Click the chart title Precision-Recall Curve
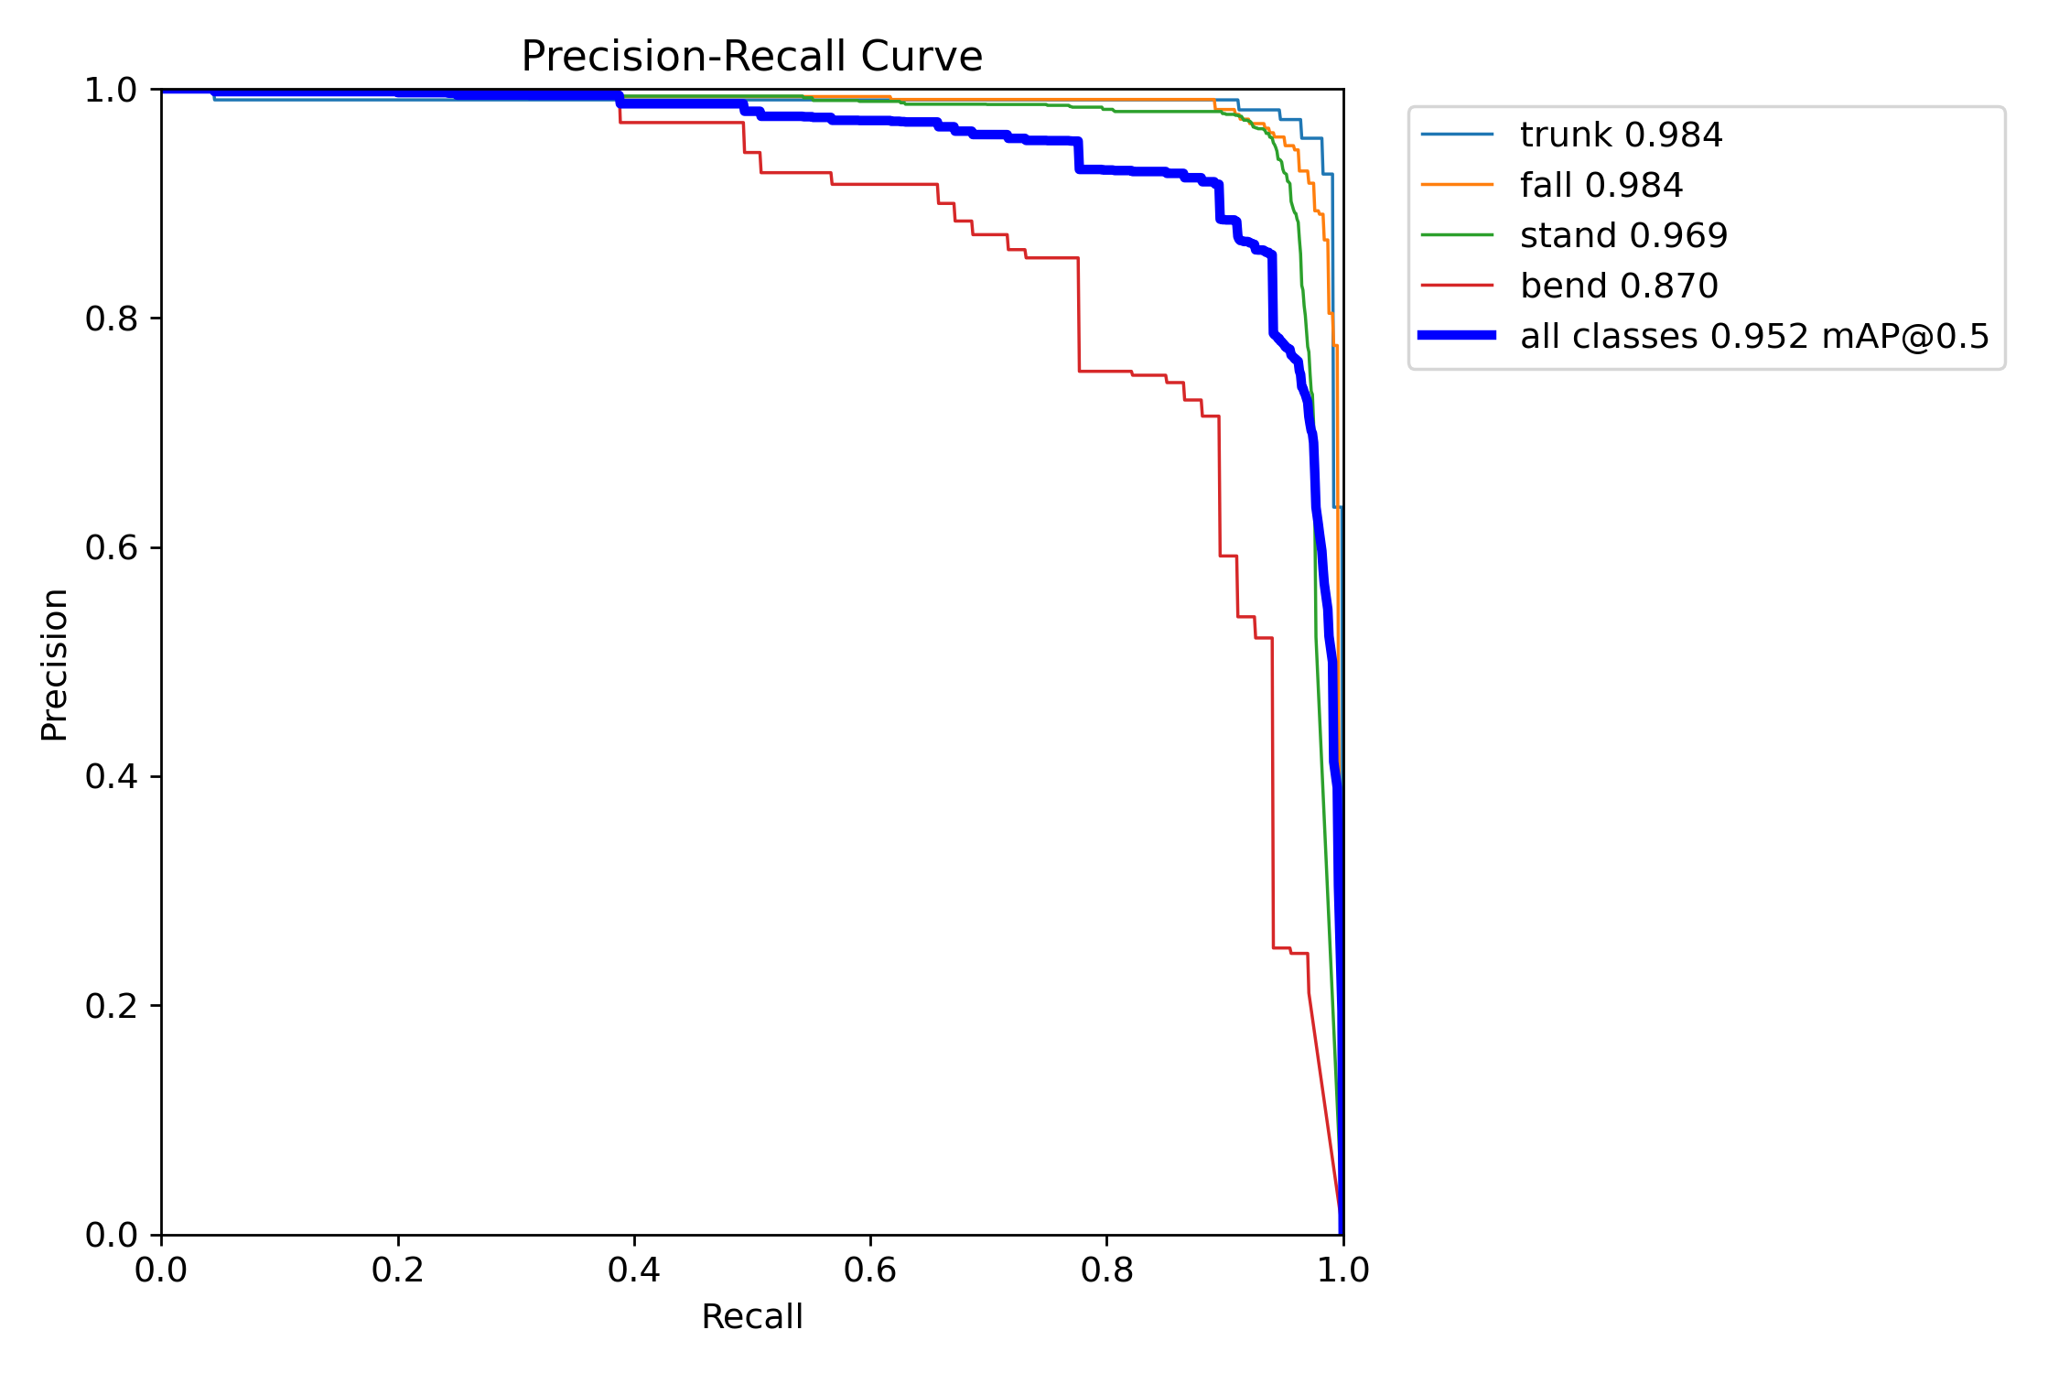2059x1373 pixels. point(751,57)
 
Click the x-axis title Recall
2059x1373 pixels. point(751,1316)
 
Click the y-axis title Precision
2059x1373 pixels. point(54,664)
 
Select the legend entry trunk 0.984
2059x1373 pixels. point(1621,135)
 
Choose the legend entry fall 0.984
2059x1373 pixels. point(1601,186)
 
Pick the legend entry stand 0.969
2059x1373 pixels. point(1623,236)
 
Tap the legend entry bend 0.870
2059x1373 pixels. point(1619,286)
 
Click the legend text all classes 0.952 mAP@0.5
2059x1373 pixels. point(1754,337)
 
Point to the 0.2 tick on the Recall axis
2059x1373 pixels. point(398,1270)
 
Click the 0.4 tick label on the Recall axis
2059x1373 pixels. point(634,1270)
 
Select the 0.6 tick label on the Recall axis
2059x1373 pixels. point(870,1270)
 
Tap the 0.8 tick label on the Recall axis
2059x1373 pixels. point(1106,1270)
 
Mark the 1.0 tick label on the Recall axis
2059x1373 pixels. point(1342,1270)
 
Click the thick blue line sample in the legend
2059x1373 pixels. point(1457,336)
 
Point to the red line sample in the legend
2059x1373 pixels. point(1457,286)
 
